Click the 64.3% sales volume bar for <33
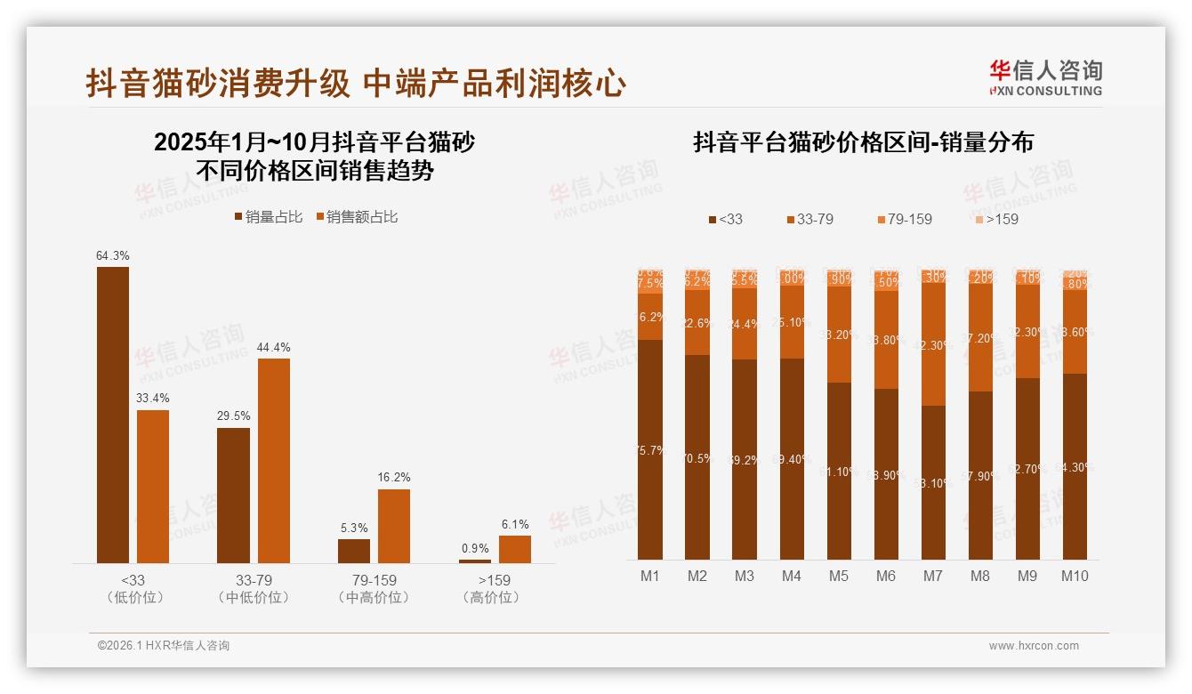(113, 415)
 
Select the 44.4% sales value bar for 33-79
(274, 460)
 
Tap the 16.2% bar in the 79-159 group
(394, 526)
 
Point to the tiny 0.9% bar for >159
(475, 561)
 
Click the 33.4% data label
(153, 398)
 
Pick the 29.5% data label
(233, 416)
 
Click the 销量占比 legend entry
(268, 217)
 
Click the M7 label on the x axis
(932, 577)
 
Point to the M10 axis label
(1075, 577)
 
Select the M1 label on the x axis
(650, 577)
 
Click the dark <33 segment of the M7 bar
(933, 482)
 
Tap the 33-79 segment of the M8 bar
(980, 340)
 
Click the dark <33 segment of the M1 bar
(650, 449)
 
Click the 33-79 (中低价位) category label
(254, 589)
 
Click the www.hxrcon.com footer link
(1034, 646)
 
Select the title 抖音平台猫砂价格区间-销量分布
(863, 143)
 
